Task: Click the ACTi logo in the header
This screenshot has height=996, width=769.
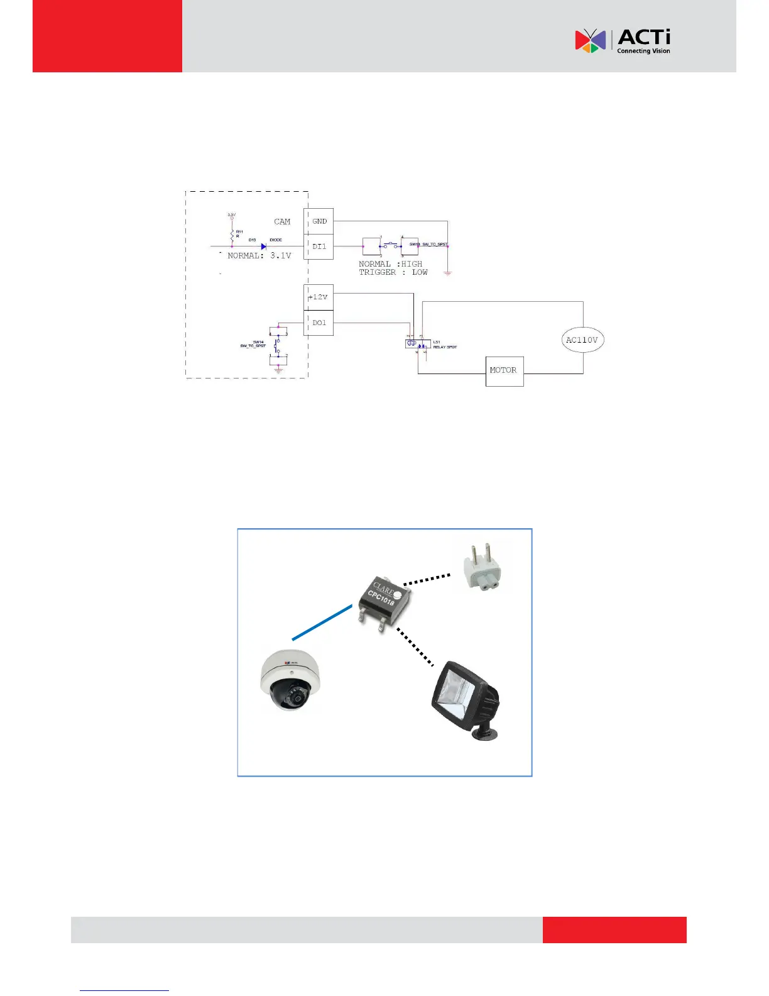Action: click(622, 41)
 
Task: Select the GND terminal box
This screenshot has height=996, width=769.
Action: click(319, 221)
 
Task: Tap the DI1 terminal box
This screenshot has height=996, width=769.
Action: click(319, 246)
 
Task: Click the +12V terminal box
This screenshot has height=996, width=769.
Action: click(319, 297)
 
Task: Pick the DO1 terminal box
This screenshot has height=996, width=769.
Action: click(319, 323)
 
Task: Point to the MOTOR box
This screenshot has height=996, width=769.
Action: click(504, 370)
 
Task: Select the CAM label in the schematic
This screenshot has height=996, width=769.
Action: click(282, 221)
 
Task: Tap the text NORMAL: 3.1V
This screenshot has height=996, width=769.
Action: click(259, 256)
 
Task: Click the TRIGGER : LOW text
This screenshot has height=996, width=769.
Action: click(393, 272)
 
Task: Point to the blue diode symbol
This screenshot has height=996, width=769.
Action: click(264, 246)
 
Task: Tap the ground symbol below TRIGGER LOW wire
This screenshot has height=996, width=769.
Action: click(447, 273)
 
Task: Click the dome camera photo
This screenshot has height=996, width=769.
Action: click(291, 680)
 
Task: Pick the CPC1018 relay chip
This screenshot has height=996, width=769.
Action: click(384, 600)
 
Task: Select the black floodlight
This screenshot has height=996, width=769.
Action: click(466, 699)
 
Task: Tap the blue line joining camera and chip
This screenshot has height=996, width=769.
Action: click(322, 622)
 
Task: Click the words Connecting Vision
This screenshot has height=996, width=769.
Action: click(643, 52)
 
